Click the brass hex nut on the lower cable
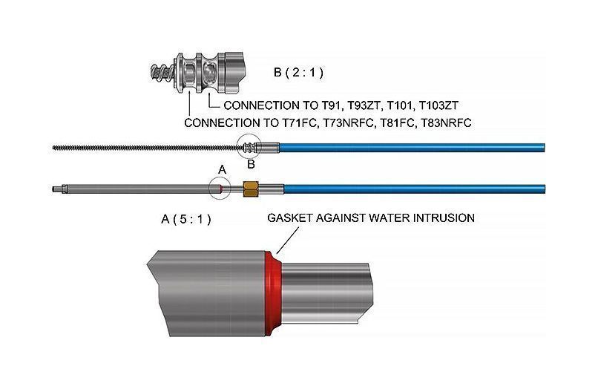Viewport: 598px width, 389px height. (x=251, y=189)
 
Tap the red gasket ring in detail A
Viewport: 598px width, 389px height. (x=273, y=292)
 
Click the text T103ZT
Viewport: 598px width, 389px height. (x=438, y=105)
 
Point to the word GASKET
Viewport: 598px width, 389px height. (x=288, y=218)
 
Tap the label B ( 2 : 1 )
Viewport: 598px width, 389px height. (x=298, y=72)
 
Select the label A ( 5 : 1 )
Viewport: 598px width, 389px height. (x=186, y=220)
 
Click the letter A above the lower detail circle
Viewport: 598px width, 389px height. (x=222, y=169)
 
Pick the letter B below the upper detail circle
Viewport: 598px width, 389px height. (x=251, y=165)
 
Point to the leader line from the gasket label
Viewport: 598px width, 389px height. (x=287, y=240)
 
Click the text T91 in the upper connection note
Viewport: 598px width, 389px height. (x=330, y=105)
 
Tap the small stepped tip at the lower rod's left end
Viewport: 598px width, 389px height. (x=57, y=189)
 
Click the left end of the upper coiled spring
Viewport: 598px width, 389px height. (x=53, y=147)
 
